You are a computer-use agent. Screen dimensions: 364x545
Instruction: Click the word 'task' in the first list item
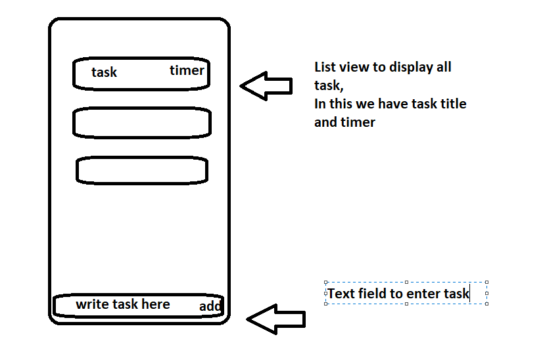point(104,72)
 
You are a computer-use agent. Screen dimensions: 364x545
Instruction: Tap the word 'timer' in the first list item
point(187,70)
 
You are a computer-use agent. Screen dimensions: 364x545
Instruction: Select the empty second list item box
point(142,123)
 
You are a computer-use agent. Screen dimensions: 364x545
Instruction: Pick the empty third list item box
point(142,170)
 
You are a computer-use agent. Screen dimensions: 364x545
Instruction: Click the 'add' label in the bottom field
point(210,307)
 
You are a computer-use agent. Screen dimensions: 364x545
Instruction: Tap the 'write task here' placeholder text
point(123,304)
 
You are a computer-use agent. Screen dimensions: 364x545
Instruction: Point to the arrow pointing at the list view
point(266,85)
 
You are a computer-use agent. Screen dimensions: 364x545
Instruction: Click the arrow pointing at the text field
point(275,319)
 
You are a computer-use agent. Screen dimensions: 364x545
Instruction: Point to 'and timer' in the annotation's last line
point(344,122)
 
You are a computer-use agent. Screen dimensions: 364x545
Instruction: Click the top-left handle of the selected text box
point(326,281)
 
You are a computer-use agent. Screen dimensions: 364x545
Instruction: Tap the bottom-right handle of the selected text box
point(486,304)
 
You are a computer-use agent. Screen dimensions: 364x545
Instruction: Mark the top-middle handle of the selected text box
point(406,281)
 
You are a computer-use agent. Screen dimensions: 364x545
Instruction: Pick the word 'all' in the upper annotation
point(443,67)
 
